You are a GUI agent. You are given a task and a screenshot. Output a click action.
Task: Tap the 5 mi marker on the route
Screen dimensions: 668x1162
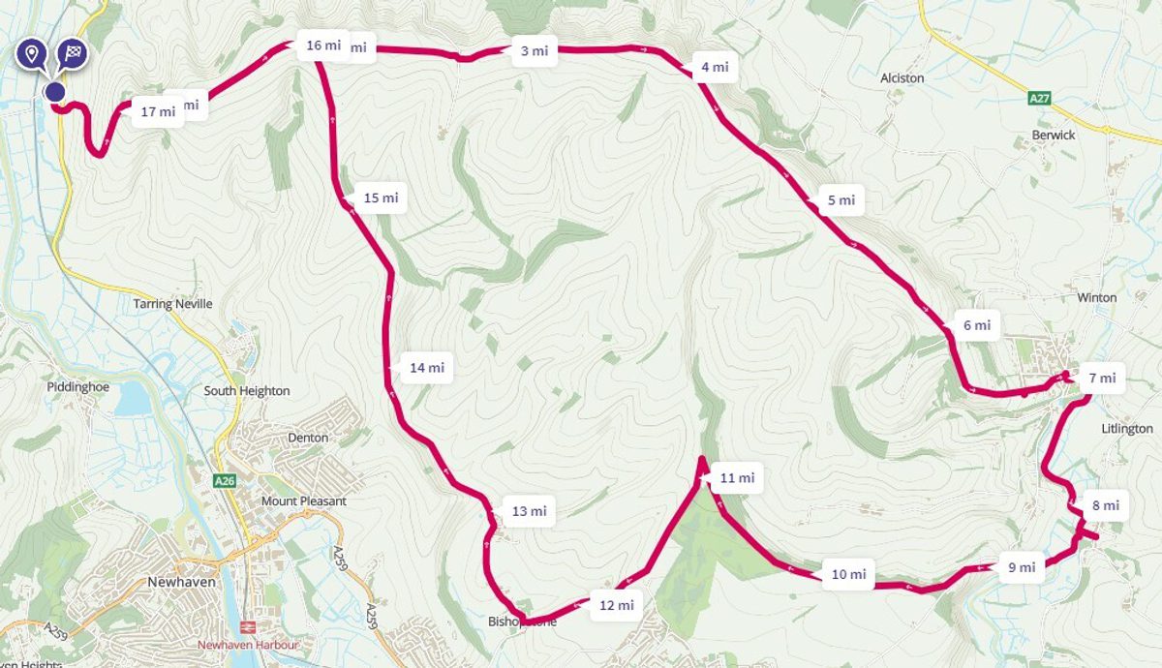click(x=841, y=200)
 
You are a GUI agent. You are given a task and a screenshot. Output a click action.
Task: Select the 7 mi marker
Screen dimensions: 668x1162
click(x=1101, y=378)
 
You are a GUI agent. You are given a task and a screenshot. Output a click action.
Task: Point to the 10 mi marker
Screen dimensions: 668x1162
click(x=848, y=574)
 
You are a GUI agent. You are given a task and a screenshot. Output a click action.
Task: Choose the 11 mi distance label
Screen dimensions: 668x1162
click(x=736, y=477)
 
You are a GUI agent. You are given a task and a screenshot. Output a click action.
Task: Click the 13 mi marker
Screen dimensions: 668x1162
click(x=529, y=511)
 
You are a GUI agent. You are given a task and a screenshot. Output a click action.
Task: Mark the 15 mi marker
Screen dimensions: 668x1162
click(x=381, y=197)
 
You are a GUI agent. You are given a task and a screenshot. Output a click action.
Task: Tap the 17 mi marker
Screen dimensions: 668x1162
click(x=158, y=111)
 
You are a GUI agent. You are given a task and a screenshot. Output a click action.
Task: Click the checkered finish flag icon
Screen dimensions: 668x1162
click(x=72, y=53)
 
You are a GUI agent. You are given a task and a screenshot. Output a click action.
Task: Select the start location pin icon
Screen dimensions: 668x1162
click(x=32, y=53)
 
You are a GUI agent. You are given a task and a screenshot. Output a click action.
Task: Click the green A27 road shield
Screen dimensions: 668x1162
click(x=1039, y=98)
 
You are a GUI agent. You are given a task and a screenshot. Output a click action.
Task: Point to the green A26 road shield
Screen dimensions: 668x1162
click(x=225, y=479)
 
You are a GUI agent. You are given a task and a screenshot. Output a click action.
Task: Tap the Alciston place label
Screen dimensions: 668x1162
click(x=902, y=77)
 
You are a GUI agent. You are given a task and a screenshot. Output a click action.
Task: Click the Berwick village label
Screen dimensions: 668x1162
click(x=1053, y=135)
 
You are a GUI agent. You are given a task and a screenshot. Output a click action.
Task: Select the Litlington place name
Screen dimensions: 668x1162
click(x=1127, y=428)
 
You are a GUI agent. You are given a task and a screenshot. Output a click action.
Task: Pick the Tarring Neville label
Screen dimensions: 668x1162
click(x=172, y=304)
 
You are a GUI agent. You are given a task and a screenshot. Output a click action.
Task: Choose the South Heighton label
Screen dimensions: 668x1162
click(x=246, y=391)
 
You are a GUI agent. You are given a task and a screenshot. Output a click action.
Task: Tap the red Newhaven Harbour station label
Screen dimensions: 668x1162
click(x=248, y=645)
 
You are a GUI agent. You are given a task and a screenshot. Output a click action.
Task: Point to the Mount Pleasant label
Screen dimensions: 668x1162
click(x=303, y=501)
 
